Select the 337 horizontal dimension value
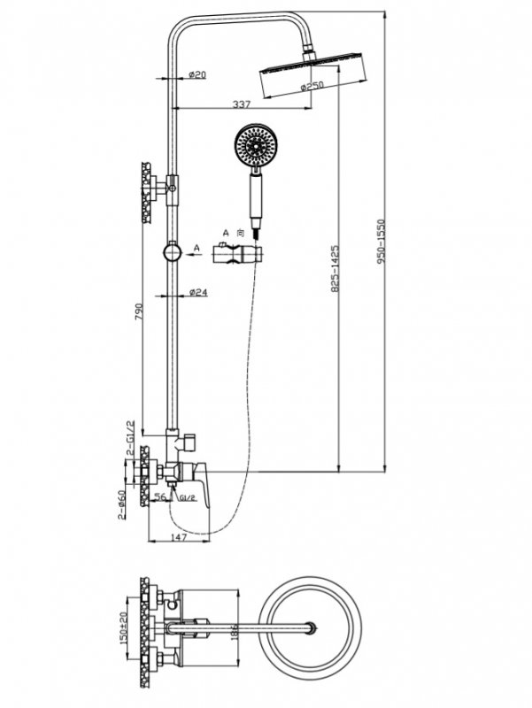241,104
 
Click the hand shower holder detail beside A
238,257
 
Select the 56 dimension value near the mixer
160,498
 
